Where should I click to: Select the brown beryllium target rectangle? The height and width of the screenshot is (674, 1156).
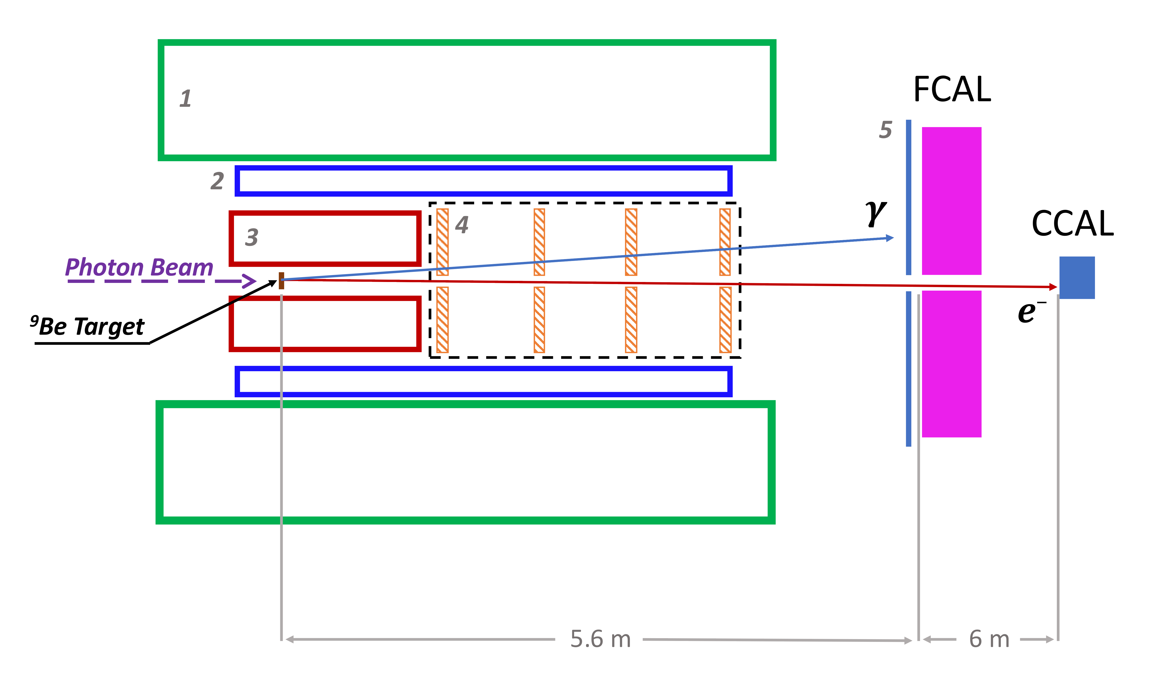pyautogui.click(x=281, y=281)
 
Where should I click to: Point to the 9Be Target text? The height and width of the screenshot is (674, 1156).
pyautogui.click(x=87, y=326)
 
